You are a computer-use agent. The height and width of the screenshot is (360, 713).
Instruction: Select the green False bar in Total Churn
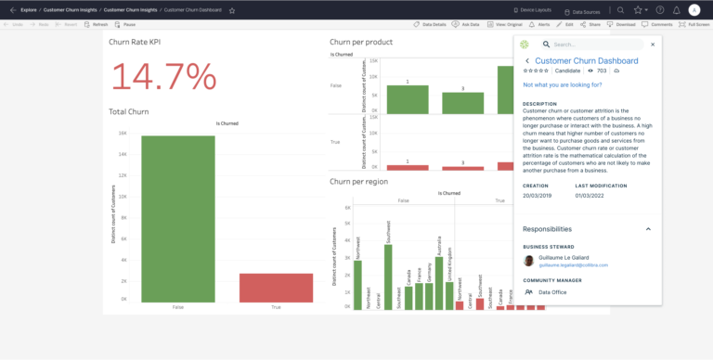coord(178,219)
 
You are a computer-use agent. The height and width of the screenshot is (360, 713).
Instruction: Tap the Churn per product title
coord(360,42)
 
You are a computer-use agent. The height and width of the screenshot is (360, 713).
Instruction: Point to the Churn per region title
coord(358,182)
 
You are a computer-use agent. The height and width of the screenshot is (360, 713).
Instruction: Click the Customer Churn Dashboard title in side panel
coord(587,60)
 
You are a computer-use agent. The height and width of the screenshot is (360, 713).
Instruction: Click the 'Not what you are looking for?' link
coord(563,84)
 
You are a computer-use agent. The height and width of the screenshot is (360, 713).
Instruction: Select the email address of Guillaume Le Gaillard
coord(574,264)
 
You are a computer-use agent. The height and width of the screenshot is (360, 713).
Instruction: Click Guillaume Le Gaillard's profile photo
coord(528,261)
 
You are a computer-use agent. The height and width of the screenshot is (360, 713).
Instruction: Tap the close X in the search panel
coord(653,44)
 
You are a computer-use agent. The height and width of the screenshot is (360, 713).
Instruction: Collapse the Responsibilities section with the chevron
coord(648,228)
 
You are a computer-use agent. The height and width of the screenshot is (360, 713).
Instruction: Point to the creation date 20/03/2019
coord(538,196)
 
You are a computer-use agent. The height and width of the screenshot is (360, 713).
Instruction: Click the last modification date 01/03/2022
coord(591,196)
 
